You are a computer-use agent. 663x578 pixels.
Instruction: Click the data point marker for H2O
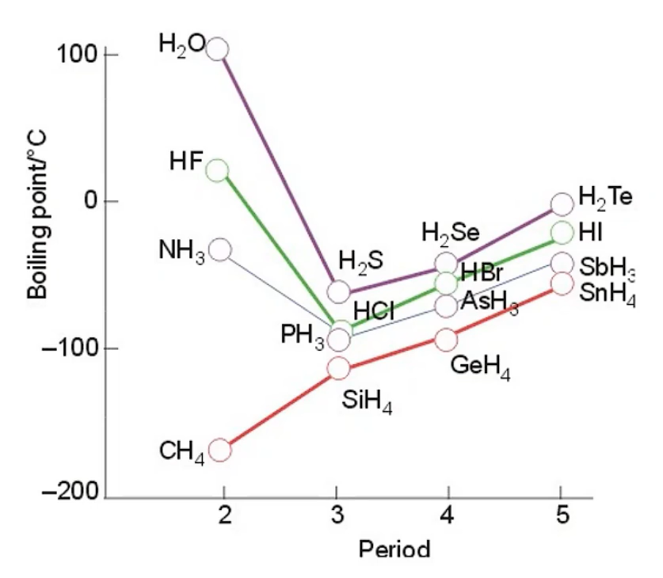click(218, 49)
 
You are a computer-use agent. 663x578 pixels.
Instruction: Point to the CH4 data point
click(219, 450)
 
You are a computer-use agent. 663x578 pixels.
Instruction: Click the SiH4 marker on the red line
click(338, 367)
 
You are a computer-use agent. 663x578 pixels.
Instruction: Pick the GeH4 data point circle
click(446, 340)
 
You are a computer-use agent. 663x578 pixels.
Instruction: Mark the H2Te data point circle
click(562, 203)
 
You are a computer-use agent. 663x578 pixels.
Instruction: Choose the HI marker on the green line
click(562, 232)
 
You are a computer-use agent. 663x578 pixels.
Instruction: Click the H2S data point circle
click(338, 291)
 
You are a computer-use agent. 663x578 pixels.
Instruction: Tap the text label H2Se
click(450, 234)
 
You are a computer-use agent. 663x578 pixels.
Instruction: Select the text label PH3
click(303, 336)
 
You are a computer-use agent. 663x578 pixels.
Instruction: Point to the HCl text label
click(374, 311)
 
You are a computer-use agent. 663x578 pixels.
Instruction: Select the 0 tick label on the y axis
click(90, 201)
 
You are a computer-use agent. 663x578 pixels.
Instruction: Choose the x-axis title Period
click(394, 549)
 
